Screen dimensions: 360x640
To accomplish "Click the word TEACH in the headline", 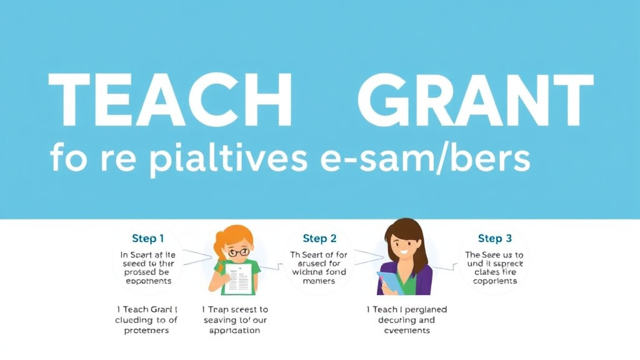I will (x=170, y=100).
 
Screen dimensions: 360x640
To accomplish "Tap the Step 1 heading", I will (x=148, y=238).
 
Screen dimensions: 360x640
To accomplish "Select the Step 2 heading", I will (x=319, y=238).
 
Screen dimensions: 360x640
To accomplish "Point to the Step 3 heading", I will (x=495, y=238).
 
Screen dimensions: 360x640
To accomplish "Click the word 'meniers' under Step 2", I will (x=319, y=281).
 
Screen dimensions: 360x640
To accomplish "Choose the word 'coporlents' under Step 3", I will (x=495, y=281).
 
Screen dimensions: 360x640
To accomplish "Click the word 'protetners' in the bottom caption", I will (x=147, y=330).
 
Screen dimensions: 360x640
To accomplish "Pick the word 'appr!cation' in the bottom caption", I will (x=235, y=330).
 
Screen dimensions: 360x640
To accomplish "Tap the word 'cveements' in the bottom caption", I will (x=406, y=330).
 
